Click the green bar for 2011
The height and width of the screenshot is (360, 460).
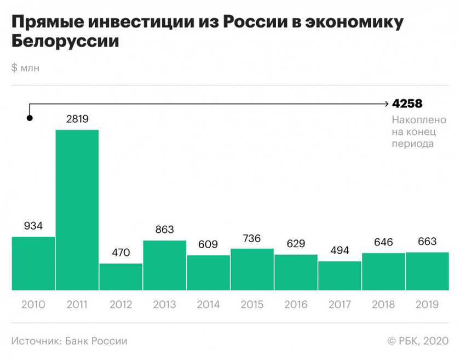point(77,210)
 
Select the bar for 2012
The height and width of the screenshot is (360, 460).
point(121,277)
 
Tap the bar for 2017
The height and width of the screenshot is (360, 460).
point(340,276)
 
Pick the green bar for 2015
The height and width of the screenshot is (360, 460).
point(252,269)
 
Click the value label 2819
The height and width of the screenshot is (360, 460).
point(77,119)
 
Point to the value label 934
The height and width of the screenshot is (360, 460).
point(33,226)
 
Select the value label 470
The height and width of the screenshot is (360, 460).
point(121,253)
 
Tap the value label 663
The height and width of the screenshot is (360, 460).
point(427,242)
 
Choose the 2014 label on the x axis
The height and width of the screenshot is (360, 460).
point(209,305)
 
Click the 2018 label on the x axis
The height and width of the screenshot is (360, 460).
point(384,305)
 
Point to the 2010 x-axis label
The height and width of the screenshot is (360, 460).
point(33,305)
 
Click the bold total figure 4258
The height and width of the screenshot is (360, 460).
point(407,104)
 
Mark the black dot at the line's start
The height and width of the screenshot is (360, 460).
point(30,118)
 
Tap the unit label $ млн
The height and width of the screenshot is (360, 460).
point(25,68)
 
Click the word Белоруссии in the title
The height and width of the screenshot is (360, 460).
point(64,41)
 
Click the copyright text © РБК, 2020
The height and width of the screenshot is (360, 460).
point(418,341)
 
